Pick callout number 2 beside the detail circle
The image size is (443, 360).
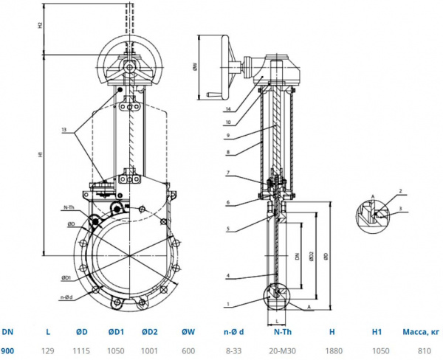[x=400, y=192]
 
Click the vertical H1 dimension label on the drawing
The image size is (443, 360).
[x=40, y=155]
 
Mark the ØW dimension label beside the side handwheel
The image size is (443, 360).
[x=194, y=67]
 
